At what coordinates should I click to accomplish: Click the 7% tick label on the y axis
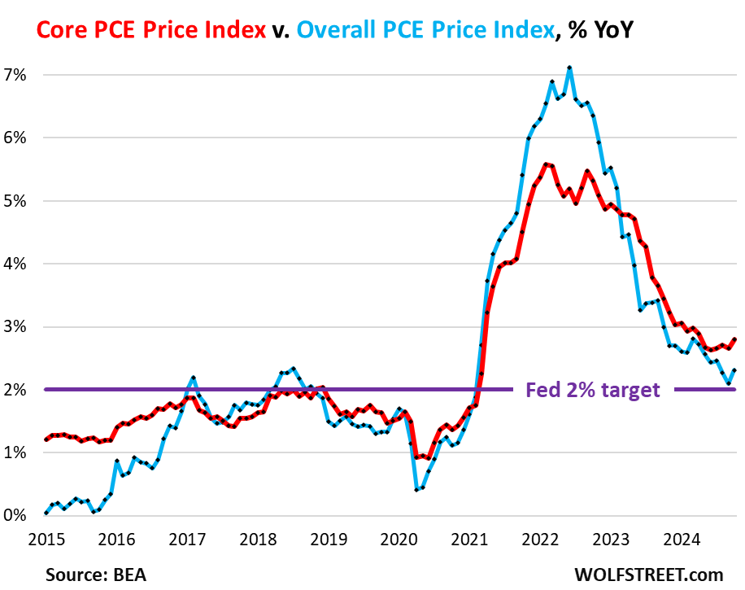tap(17, 74)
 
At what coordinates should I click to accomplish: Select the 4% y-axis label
tap(17, 264)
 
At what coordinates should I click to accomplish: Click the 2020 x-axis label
tap(399, 538)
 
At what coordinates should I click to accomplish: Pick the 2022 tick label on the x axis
tap(540, 538)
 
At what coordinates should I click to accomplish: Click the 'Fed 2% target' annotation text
tap(592, 390)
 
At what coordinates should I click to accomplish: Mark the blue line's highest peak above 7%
tap(569, 68)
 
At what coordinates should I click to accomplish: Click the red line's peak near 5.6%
tap(546, 164)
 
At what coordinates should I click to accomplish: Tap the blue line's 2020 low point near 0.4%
tap(416, 490)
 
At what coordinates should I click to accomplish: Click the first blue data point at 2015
tap(46, 514)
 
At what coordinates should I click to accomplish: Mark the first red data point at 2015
tap(46, 439)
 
